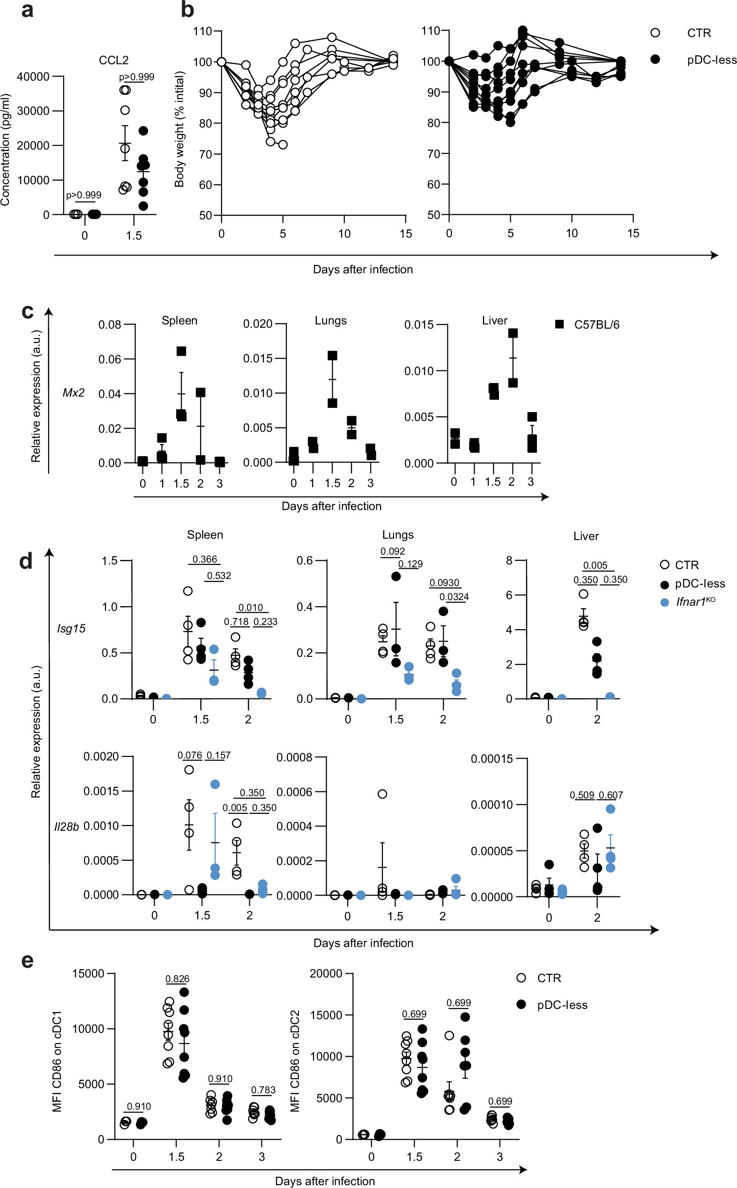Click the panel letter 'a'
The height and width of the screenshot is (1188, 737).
click(x=27, y=10)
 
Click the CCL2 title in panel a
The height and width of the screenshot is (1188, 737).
click(x=113, y=60)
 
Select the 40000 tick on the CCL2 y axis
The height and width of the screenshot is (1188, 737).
click(x=33, y=76)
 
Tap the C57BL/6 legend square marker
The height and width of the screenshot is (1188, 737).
click(x=559, y=324)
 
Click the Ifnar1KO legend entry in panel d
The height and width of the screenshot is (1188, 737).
click(x=694, y=602)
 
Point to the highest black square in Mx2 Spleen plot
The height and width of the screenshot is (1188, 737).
click(x=181, y=351)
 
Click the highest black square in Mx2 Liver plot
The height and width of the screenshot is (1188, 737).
click(x=512, y=333)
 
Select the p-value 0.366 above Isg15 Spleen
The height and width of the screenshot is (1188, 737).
click(x=205, y=559)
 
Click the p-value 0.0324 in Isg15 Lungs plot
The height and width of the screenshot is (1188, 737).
click(x=454, y=596)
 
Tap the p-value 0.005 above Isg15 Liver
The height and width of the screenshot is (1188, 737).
click(x=595, y=565)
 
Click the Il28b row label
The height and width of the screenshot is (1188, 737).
click(x=66, y=827)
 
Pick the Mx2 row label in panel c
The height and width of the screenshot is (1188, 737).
click(x=74, y=392)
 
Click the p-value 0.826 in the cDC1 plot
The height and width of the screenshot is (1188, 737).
click(x=177, y=979)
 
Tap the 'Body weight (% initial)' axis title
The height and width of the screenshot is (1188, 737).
click(x=179, y=129)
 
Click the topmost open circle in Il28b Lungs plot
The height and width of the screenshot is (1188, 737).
click(x=383, y=794)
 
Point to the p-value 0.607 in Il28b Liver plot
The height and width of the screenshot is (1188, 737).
click(x=611, y=796)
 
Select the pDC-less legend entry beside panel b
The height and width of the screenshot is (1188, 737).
click(x=711, y=60)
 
